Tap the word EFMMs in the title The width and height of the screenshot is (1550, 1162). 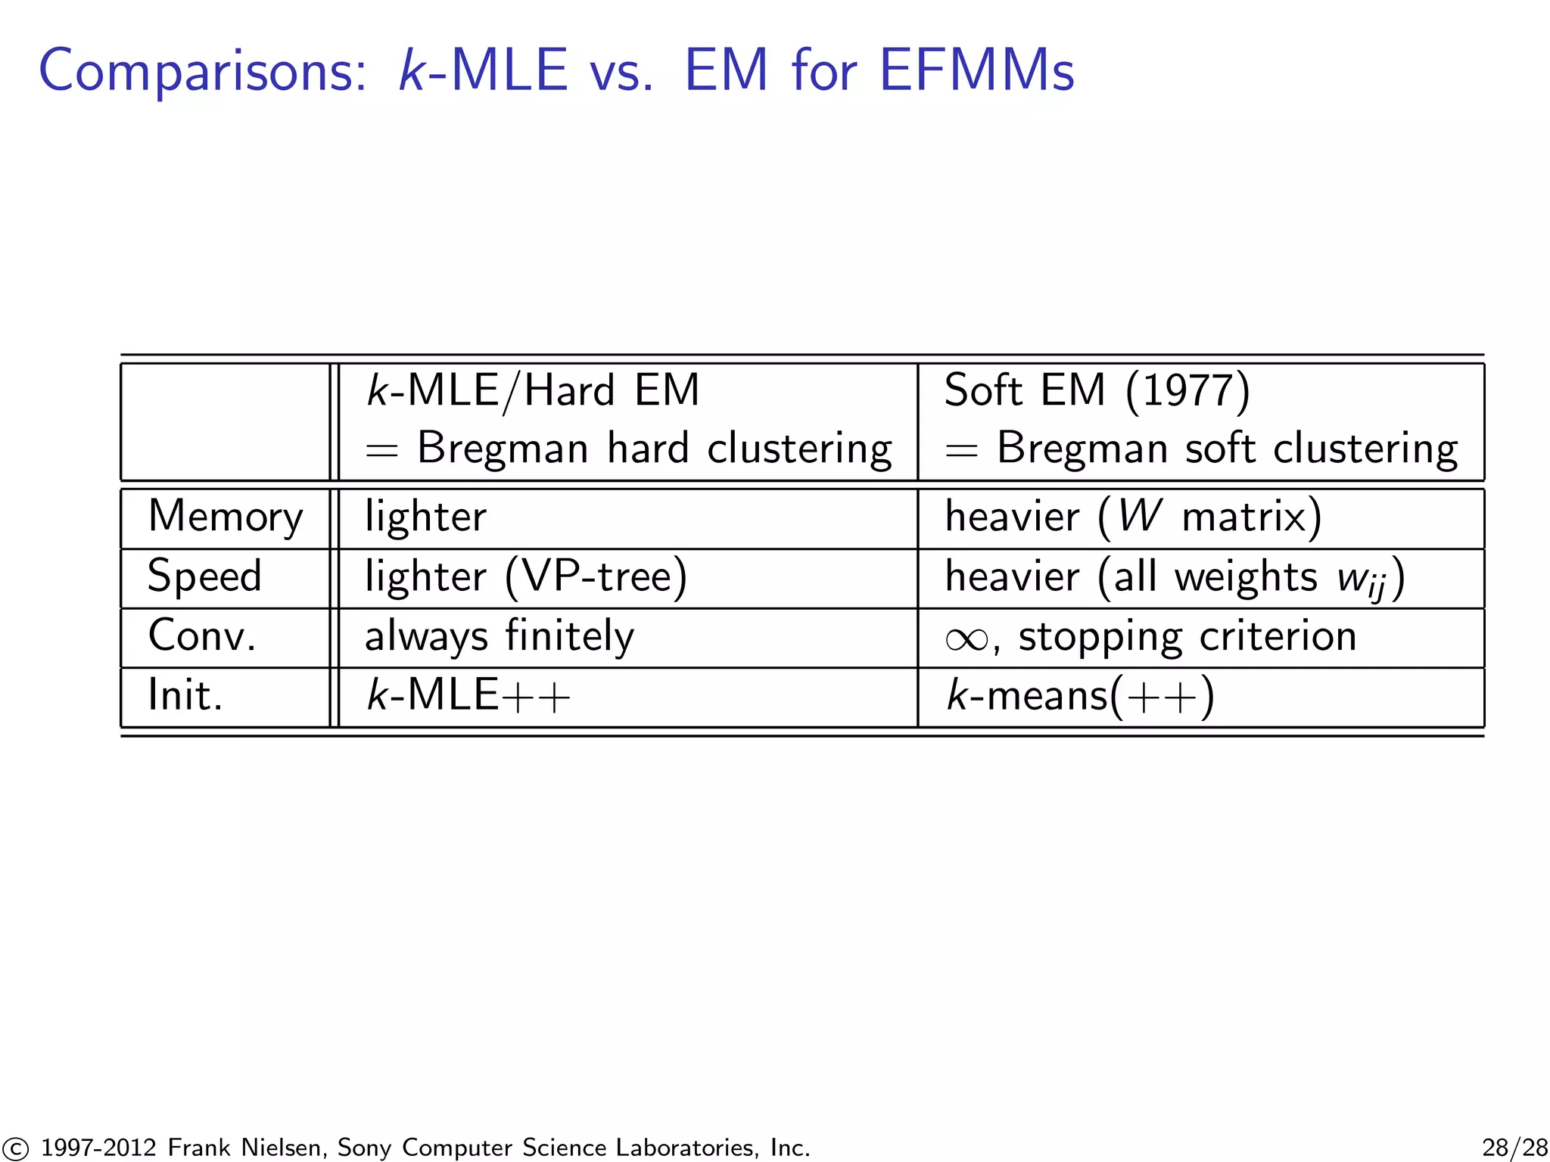(976, 71)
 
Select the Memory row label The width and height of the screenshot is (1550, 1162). (226, 517)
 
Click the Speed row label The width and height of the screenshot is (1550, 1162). (204, 576)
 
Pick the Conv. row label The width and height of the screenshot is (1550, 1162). (202, 636)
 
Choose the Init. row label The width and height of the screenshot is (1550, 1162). (185, 695)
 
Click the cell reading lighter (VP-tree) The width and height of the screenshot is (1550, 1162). (526, 577)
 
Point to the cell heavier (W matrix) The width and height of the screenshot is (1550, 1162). (1133, 517)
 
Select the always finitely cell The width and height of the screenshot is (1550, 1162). (500, 636)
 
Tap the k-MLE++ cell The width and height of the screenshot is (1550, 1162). (468, 695)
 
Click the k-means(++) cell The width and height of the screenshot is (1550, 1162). (1080, 695)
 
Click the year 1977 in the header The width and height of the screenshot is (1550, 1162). (1187, 391)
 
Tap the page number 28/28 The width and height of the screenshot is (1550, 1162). (1514, 1147)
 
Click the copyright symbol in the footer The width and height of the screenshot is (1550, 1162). (14, 1148)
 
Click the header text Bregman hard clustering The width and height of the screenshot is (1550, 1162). (654, 449)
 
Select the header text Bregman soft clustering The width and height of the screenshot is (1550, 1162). (1227, 449)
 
